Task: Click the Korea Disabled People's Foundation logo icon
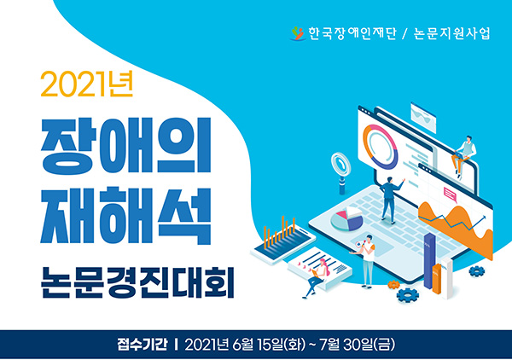tap(298, 33)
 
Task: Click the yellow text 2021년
tap(87, 84)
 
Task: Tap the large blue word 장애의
tap(125, 146)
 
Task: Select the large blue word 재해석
tap(125, 216)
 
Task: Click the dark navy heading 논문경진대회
tap(137, 282)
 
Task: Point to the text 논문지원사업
tap(452, 33)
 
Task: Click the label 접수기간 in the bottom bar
tap(143, 345)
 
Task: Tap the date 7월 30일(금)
tap(358, 345)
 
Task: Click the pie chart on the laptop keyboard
tap(346, 218)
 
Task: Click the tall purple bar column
tap(429, 261)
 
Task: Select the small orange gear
tap(393, 285)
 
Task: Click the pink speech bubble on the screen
tap(451, 195)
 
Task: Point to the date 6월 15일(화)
tap(269, 345)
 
